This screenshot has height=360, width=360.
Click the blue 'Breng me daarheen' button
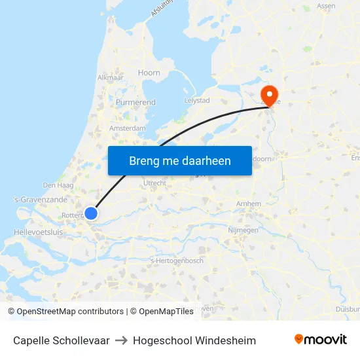(179, 160)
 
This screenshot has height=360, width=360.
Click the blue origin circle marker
(91, 213)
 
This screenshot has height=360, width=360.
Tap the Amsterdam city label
(128, 128)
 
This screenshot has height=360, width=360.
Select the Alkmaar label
(110, 77)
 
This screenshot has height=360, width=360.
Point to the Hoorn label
(149, 73)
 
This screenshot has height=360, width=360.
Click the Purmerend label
(135, 103)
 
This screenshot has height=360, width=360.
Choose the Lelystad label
(197, 100)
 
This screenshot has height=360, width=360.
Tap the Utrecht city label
(155, 183)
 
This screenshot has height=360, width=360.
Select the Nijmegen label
(243, 230)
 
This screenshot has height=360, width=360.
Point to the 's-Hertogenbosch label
(177, 261)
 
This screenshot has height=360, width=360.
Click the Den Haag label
(53, 185)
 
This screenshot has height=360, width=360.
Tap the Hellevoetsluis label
(37, 232)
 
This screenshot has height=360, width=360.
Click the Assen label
(326, 6)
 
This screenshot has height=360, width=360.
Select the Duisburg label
(346, 308)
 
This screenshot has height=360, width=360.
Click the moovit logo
(321, 340)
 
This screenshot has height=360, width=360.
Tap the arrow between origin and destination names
(121, 340)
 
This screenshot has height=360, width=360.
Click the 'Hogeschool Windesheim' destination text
(194, 340)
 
